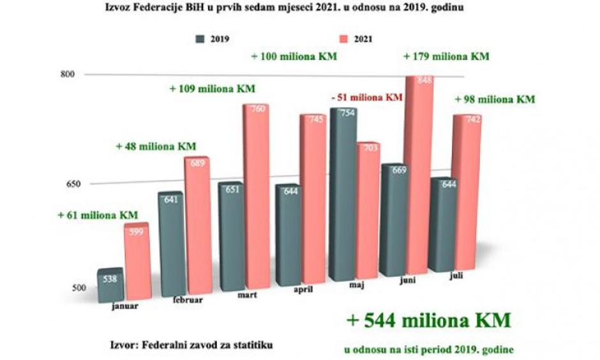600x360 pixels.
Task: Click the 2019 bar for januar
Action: point(110,285)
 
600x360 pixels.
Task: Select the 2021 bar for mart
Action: point(254,198)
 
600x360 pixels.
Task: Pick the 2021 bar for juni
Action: point(419,179)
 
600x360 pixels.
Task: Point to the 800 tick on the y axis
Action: point(68,74)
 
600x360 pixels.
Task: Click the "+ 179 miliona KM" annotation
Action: point(446,56)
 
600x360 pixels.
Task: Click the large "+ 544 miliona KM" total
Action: point(428,320)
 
